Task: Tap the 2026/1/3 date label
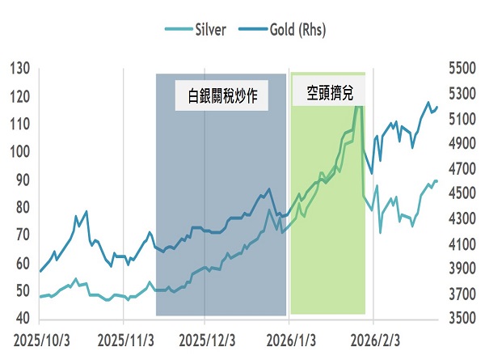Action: (x=289, y=340)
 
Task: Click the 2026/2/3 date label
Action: (x=373, y=340)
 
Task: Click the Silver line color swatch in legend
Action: (x=176, y=30)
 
